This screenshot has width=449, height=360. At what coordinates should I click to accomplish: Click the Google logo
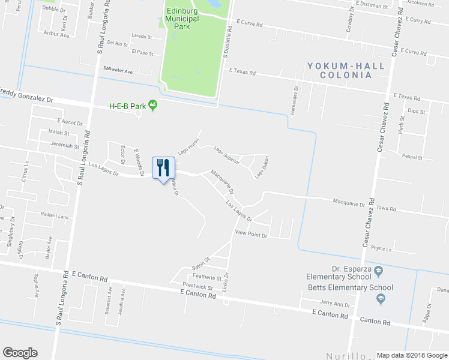point(20,352)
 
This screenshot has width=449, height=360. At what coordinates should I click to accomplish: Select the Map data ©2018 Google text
point(411,355)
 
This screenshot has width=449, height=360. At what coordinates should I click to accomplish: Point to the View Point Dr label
point(250,233)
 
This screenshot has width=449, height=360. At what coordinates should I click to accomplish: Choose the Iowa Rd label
point(388,209)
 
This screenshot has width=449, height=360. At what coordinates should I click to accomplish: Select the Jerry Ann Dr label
point(335,304)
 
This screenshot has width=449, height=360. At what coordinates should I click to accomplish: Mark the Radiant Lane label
point(55,215)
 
